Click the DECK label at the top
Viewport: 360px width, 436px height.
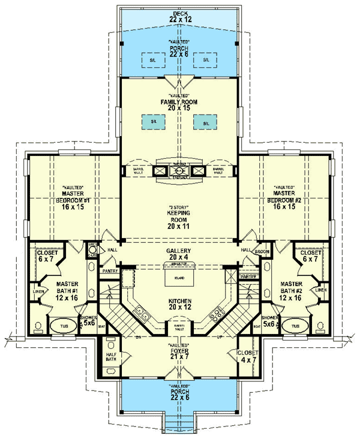click(x=179, y=13)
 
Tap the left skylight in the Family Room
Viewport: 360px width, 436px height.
click(x=154, y=122)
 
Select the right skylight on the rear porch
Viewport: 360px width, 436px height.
click(x=206, y=60)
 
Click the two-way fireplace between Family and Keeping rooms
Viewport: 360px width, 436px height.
click(x=179, y=171)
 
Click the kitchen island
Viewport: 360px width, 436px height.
click(x=178, y=279)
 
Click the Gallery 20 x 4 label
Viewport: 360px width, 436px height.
click(x=179, y=254)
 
